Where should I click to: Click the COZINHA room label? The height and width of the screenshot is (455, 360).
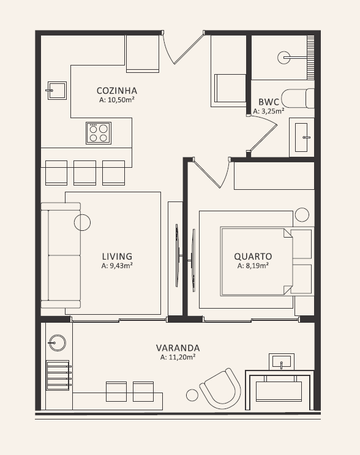[117, 91]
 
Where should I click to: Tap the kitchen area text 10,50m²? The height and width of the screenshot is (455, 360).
[121, 100]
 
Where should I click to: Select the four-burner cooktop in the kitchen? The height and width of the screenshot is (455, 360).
[99, 133]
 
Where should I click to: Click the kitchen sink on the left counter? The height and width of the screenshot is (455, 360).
[57, 91]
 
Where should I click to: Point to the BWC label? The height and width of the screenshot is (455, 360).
[269, 102]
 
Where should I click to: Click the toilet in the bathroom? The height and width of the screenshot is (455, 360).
[298, 99]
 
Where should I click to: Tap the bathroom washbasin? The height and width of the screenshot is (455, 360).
[301, 137]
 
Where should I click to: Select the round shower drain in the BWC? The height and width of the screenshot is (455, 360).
[284, 58]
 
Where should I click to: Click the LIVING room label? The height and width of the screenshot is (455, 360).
[117, 257]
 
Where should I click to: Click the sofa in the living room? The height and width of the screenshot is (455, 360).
[61, 255]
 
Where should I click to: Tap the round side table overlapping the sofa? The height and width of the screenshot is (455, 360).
[83, 222]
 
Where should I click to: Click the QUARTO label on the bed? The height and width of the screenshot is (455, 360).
[253, 257]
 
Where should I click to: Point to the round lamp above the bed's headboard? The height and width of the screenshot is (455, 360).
[302, 215]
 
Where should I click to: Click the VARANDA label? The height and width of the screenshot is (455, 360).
[178, 348]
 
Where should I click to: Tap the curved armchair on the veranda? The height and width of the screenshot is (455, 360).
[220, 388]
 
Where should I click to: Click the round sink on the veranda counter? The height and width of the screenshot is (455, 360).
[57, 343]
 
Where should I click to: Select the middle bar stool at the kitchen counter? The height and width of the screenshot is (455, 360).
[84, 173]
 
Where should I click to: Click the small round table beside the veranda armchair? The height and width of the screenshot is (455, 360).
[192, 395]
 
